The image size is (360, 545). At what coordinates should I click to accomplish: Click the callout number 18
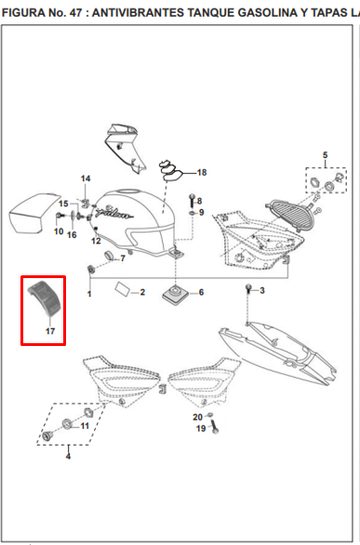click(x=202, y=172)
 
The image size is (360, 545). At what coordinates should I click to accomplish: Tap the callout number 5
click(x=325, y=155)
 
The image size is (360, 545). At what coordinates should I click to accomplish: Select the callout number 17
click(x=50, y=331)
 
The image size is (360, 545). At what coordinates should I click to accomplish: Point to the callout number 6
click(x=201, y=292)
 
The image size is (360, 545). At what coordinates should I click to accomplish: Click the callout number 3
click(x=262, y=290)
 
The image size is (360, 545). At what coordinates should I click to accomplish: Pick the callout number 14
click(x=86, y=179)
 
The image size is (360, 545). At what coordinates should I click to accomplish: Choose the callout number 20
click(x=198, y=417)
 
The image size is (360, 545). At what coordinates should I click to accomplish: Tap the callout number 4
click(x=68, y=456)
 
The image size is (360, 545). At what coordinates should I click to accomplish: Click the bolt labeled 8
click(x=192, y=201)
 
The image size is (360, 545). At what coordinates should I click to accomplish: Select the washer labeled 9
click(x=193, y=212)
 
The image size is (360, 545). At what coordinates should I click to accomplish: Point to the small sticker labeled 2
click(x=122, y=288)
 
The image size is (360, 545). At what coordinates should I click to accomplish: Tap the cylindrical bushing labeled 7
click(x=110, y=256)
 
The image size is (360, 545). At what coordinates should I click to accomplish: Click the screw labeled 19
click(x=214, y=427)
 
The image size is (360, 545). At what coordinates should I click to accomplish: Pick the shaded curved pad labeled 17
click(x=42, y=297)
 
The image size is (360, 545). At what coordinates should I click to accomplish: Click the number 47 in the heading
click(x=77, y=13)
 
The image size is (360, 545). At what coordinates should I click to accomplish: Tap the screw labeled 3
click(x=248, y=288)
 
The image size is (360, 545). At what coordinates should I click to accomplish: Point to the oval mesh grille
click(x=291, y=215)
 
